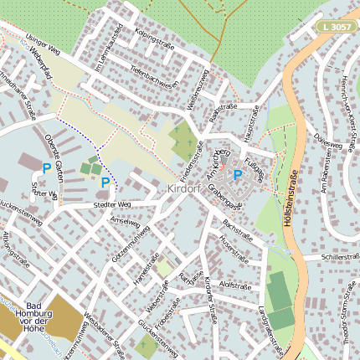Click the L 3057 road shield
pyautogui.click(x=335, y=28)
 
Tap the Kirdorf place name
pyautogui.click(x=183, y=190)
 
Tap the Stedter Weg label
pyautogui.click(x=113, y=204)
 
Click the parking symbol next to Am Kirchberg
pyautogui.click(x=237, y=175)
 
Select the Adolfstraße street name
pyautogui.click(x=234, y=285)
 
